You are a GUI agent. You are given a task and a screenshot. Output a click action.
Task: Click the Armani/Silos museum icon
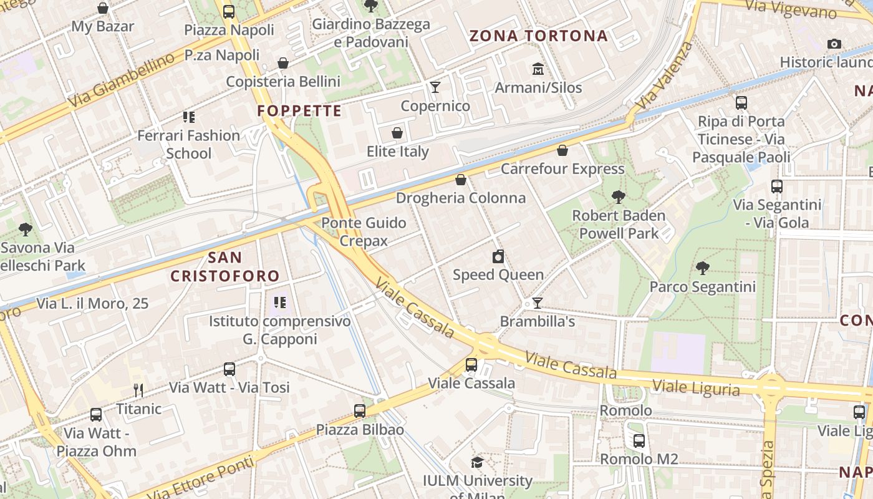coord(538,69)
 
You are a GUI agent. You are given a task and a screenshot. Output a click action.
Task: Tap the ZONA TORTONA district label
coord(538,36)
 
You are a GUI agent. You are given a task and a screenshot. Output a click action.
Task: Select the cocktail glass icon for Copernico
coord(435,87)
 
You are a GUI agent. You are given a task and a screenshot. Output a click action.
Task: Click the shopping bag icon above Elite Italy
coord(397,133)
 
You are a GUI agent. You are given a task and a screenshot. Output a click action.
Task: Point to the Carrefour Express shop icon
coord(562,150)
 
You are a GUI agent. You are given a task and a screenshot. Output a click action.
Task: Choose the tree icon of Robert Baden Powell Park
coord(618,197)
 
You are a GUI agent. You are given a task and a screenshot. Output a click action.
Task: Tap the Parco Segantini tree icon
coord(703,268)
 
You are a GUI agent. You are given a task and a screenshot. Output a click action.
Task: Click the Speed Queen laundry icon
coord(498,256)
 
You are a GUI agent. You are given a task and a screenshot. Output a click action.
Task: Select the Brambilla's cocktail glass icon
coord(537,303)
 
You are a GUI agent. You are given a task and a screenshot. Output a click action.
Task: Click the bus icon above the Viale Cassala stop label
coord(471,365)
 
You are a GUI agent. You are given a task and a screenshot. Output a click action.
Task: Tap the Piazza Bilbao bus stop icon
coord(360,411)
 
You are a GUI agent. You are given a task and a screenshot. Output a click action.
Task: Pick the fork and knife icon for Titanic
coord(138,390)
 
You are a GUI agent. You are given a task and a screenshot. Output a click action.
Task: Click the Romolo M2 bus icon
coord(639,441)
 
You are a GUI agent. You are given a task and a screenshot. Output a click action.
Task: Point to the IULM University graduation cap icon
coord(477,462)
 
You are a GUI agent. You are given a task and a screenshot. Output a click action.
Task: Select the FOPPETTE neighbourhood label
coord(299,112)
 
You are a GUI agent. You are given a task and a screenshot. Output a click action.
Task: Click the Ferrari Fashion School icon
coord(189,117)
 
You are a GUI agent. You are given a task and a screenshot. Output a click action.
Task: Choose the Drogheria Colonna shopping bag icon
coord(461,180)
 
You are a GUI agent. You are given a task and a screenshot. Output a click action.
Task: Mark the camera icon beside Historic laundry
coord(834,44)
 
